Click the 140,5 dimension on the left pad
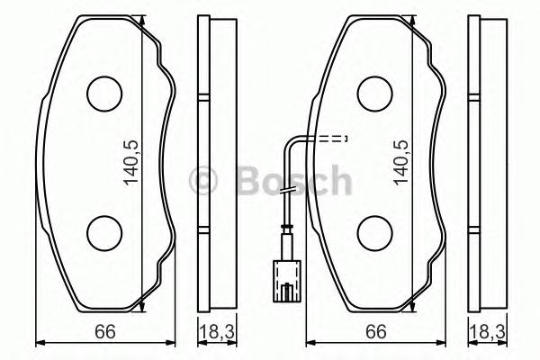[x=131, y=162]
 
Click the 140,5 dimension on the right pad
[x=401, y=162]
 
